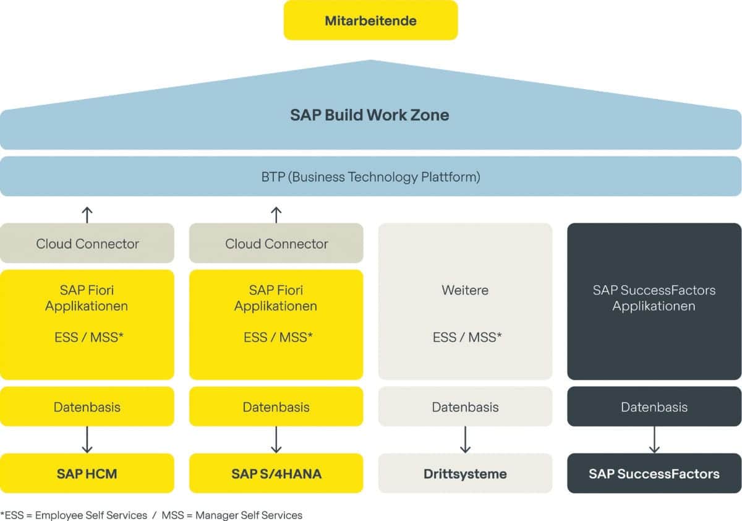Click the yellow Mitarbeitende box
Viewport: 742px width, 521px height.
(x=370, y=20)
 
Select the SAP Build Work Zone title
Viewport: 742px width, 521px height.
(x=370, y=115)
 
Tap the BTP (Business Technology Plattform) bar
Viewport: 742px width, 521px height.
(x=370, y=177)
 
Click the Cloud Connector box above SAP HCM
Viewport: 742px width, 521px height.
(x=87, y=243)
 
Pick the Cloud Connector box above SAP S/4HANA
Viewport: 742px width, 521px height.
(x=276, y=243)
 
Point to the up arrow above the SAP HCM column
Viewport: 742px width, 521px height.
(x=87, y=214)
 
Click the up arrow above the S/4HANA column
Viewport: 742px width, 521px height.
(x=276, y=214)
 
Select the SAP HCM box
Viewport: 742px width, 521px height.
(x=87, y=474)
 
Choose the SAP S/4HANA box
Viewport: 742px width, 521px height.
(x=276, y=474)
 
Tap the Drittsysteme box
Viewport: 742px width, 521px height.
(x=465, y=474)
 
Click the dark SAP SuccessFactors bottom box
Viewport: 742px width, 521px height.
(x=654, y=474)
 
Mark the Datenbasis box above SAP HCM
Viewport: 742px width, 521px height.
(x=87, y=407)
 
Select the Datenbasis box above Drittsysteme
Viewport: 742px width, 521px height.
(x=465, y=407)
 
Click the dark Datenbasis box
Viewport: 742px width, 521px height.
(x=654, y=407)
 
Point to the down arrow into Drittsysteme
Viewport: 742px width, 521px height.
(x=466, y=440)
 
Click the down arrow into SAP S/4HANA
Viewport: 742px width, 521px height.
(x=276, y=440)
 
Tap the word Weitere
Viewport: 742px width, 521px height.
(x=465, y=290)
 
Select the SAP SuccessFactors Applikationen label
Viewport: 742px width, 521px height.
(x=654, y=298)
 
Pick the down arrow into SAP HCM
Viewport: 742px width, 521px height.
(x=87, y=440)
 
